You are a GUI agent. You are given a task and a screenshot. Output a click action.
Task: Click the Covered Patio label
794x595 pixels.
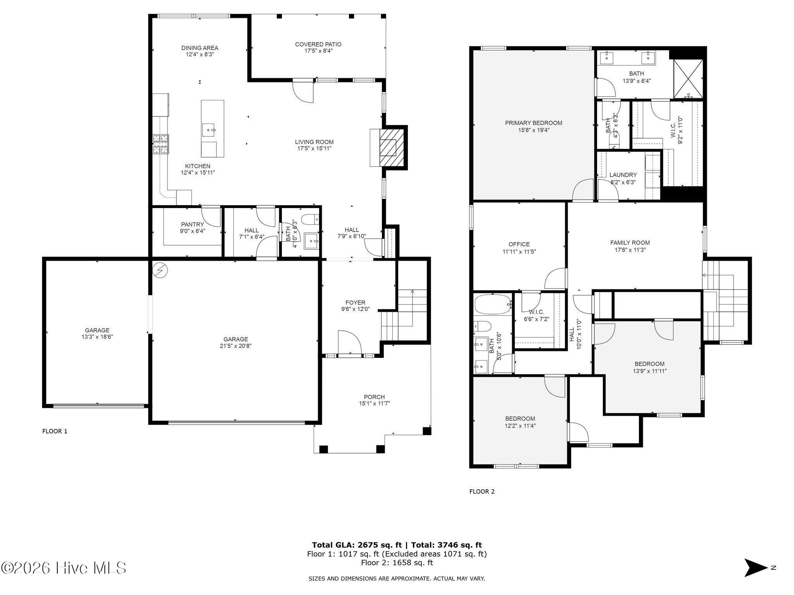pos(318,45)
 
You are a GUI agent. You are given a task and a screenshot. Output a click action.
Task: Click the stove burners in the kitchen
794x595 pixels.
pos(161,144)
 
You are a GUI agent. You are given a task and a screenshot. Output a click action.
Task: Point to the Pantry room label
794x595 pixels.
pos(192,225)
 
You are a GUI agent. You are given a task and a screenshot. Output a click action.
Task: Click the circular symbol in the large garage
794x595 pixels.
pos(160,270)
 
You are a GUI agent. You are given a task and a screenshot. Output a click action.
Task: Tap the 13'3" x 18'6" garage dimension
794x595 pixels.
pos(97,337)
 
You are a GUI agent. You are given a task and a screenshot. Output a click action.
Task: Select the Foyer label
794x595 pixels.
pos(356,303)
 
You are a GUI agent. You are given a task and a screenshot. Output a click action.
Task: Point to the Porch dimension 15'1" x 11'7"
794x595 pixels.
pos(374,403)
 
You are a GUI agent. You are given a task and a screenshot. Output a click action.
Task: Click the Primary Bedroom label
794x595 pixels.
pos(533,123)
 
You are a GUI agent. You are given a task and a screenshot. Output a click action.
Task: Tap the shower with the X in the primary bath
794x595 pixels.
pos(688,79)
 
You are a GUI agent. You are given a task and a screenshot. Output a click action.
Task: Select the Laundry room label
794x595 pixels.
pos(623,175)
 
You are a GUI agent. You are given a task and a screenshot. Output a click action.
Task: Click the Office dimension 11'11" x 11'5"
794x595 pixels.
pos(519,251)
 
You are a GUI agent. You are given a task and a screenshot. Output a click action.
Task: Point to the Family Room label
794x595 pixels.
pos(630,243)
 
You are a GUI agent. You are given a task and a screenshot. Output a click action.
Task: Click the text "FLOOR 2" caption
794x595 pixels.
pos(482,492)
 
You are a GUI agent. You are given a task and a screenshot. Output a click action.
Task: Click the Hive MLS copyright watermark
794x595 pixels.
pos(64,568)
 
